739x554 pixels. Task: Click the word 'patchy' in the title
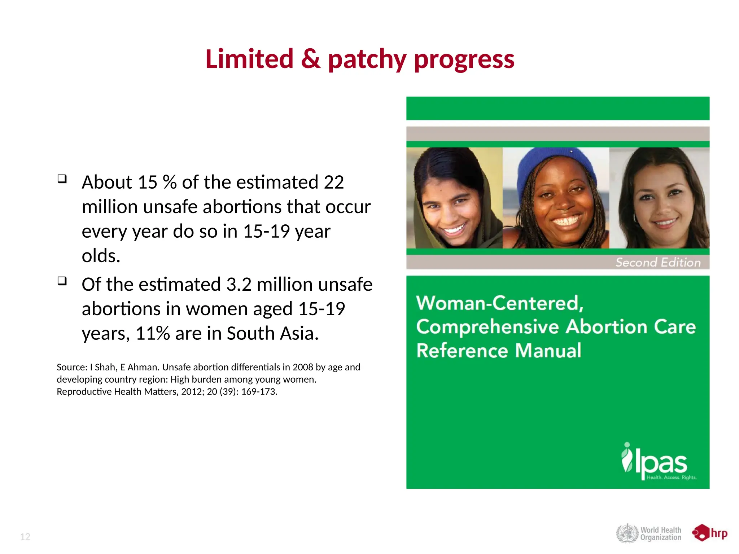(x=367, y=60)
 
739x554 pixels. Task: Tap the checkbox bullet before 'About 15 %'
(x=62, y=179)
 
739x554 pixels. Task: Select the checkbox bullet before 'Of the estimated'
(x=62, y=281)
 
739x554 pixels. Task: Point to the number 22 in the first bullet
(x=333, y=182)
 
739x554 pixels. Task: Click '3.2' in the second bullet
(x=239, y=285)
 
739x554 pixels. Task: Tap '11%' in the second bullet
(x=153, y=333)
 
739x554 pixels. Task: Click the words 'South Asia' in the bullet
(x=272, y=333)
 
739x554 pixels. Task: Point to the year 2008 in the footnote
(x=303, y=367)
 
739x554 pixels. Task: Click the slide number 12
(x=25, y=537)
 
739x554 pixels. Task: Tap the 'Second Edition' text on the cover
(x=658, y=262)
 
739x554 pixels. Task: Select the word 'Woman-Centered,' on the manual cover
(x=500, y=303)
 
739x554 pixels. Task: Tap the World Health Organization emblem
(x=627, y=533)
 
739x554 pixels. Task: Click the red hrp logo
(x=709, y=533)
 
